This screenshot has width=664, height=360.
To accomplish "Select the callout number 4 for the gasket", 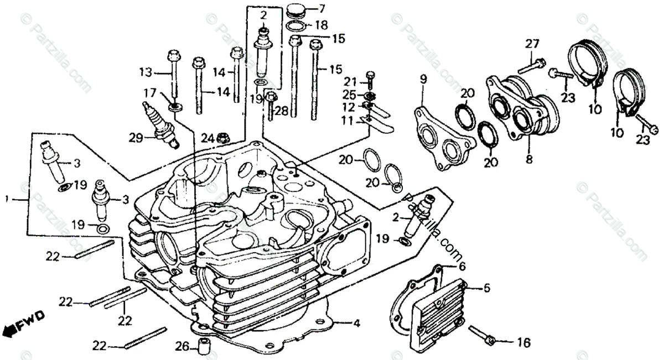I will coord(357,323).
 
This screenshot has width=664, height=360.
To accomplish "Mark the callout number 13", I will coord(145,72).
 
